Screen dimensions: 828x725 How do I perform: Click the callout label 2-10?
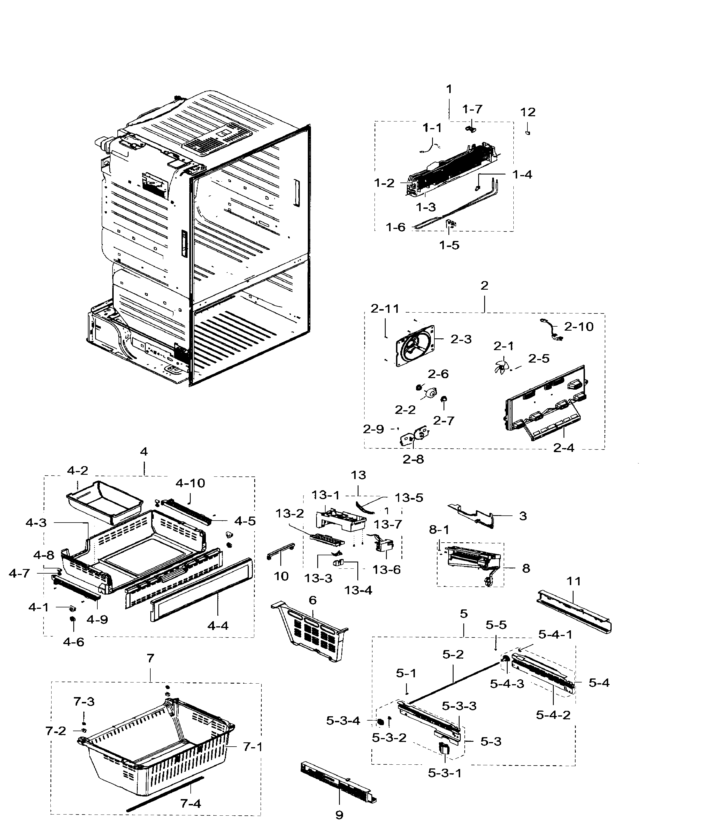(579, 326)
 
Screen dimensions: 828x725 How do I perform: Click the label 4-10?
(190, 483)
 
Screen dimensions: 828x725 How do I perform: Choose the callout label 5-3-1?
(445, 773)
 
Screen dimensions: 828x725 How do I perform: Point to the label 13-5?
(409, 498)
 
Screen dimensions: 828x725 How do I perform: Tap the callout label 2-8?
(413, 459)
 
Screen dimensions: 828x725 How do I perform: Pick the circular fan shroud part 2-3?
(415, 345)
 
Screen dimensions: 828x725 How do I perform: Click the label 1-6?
(395, 227)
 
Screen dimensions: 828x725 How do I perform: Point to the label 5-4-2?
(553, 715)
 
